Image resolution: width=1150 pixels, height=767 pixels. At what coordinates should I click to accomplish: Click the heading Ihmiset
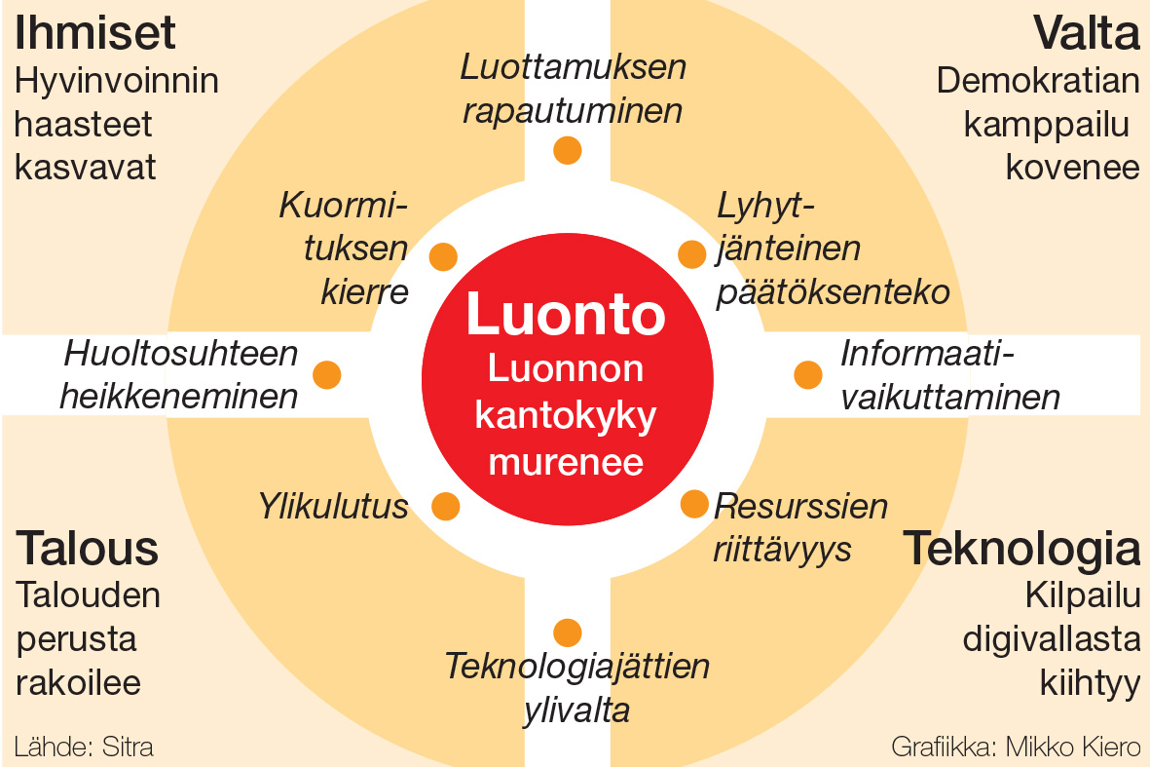pyautogui.click(x=95, y=33)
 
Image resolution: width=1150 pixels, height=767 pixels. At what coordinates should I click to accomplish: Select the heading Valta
pyautogui.click(x=1087, y=33)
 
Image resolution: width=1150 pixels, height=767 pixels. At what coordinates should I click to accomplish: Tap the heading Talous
pyautogui.click(x=88, y=549)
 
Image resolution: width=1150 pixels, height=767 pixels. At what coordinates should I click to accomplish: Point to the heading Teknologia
pyautogui.click(x=1021, y=549)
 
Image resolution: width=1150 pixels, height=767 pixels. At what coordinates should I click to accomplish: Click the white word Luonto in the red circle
pyautogui.click(x=566, y=314)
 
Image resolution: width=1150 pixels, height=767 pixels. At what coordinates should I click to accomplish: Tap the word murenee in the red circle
pyautogui.click(x=566, y=463)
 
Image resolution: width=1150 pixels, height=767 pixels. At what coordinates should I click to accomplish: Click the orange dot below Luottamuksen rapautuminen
pyautogui.click(x=567, y=150)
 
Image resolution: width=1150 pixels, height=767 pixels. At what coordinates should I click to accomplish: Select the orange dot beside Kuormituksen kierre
pyautogui.click(x=443, y=257)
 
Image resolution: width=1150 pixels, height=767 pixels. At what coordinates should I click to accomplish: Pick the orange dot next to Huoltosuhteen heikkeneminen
pyautogui.click(x=327, y=375)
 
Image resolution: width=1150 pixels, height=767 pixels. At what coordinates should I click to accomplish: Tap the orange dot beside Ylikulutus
pyautogui.click(x=445, y=507)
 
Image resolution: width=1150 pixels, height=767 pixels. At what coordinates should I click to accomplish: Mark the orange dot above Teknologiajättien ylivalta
pyautogui.click(x=567, y=633)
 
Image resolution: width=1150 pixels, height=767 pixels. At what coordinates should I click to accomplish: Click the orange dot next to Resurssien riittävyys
pyautogui.click(x=694, y=504)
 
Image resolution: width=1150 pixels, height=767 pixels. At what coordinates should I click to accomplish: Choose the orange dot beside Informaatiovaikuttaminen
pyautogui.click(x=807, y=374)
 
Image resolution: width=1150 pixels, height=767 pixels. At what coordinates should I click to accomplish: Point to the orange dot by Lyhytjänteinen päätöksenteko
pyautogui.click(x=691, y=254)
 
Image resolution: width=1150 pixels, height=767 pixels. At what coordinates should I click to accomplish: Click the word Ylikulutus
pyautogui.click(x=333, y=507)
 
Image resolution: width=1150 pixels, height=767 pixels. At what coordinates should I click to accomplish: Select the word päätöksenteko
pyautogui.click(x=834, y=292)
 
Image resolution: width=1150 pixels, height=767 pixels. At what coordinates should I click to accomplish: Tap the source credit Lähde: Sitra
pyautogui.click(x=84, y=748)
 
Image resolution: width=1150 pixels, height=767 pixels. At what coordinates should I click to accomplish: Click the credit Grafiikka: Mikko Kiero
pyautogui.click(x=1016, y=748)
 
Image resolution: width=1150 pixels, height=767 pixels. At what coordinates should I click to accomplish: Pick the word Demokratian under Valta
pyautogui.click(x=1038, y=81)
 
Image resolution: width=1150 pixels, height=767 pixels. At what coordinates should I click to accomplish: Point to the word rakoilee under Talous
pyautogui.click(x=79, y=682)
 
